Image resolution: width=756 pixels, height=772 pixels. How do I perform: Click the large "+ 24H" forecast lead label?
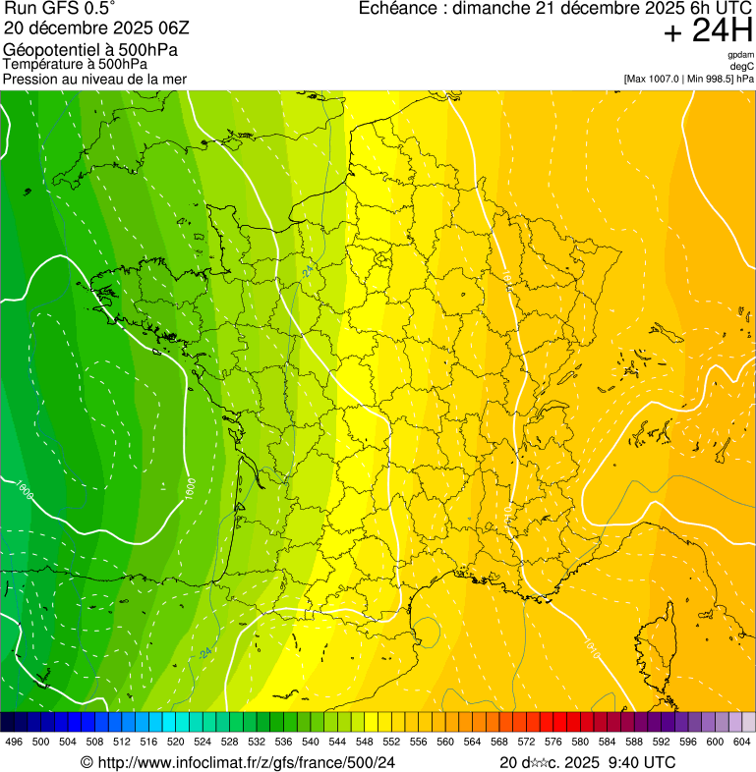click(x=708, y=31)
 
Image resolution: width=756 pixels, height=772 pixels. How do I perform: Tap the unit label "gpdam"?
click(x=740, y=56)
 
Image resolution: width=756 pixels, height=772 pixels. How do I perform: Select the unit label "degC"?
click(x=742, y=67)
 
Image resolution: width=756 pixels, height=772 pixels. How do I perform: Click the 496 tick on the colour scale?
click(x=14, y=742)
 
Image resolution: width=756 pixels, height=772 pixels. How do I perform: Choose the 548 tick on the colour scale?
click(x=365, y=742)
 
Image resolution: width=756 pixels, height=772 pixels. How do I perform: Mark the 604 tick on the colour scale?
click(x=742, y=742)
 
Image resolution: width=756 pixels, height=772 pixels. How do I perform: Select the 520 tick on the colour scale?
click(x=176, y=742)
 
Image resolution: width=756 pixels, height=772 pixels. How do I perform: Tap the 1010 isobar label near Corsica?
click(x=591, y=646)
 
